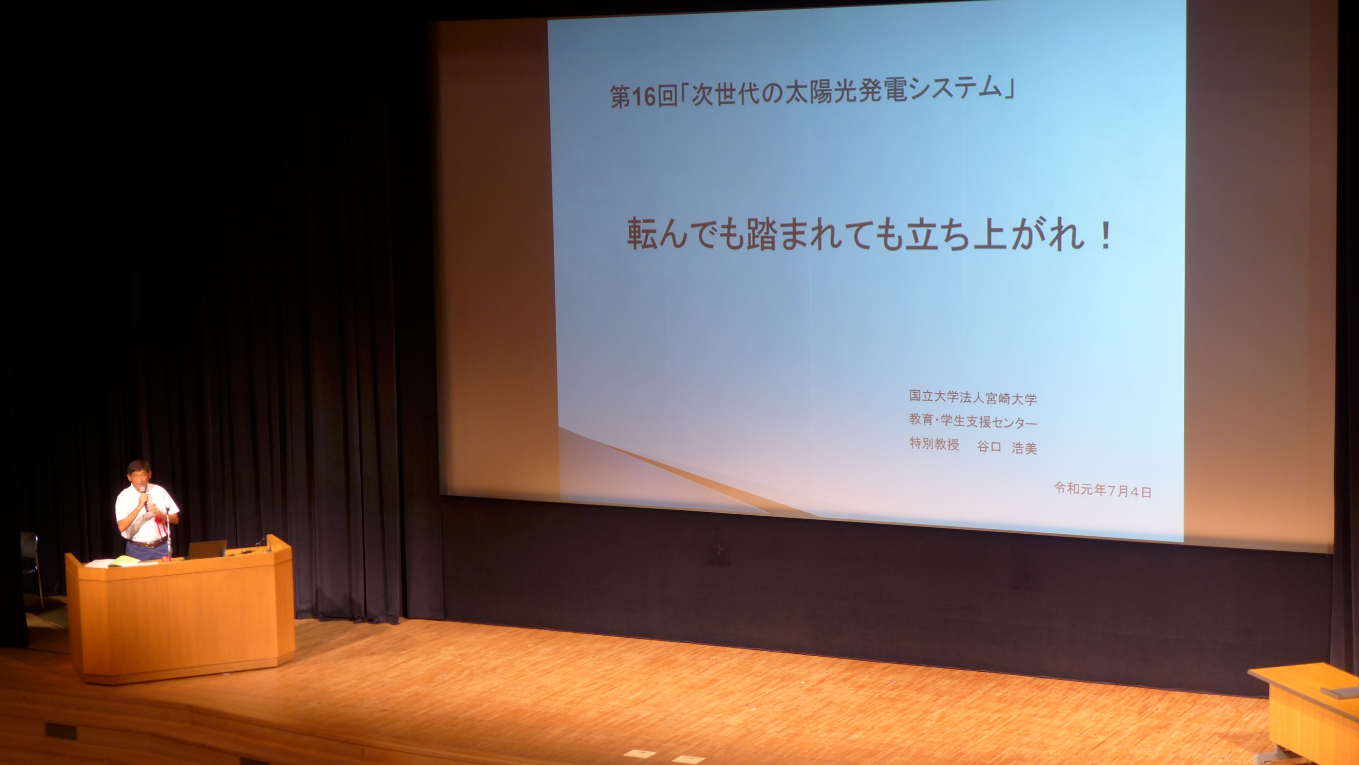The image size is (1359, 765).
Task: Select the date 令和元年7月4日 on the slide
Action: click(1103, 490)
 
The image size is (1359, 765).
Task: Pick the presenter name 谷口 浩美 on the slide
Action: click(1007, 447)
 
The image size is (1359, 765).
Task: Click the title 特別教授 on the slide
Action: click(934, 444)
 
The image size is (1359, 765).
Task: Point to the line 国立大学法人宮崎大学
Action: click(973, 398)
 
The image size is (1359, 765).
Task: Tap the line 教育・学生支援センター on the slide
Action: click(973, 421)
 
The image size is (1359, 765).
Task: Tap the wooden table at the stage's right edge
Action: click(1306, 712)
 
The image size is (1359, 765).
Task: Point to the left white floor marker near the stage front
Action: click(638, 753)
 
